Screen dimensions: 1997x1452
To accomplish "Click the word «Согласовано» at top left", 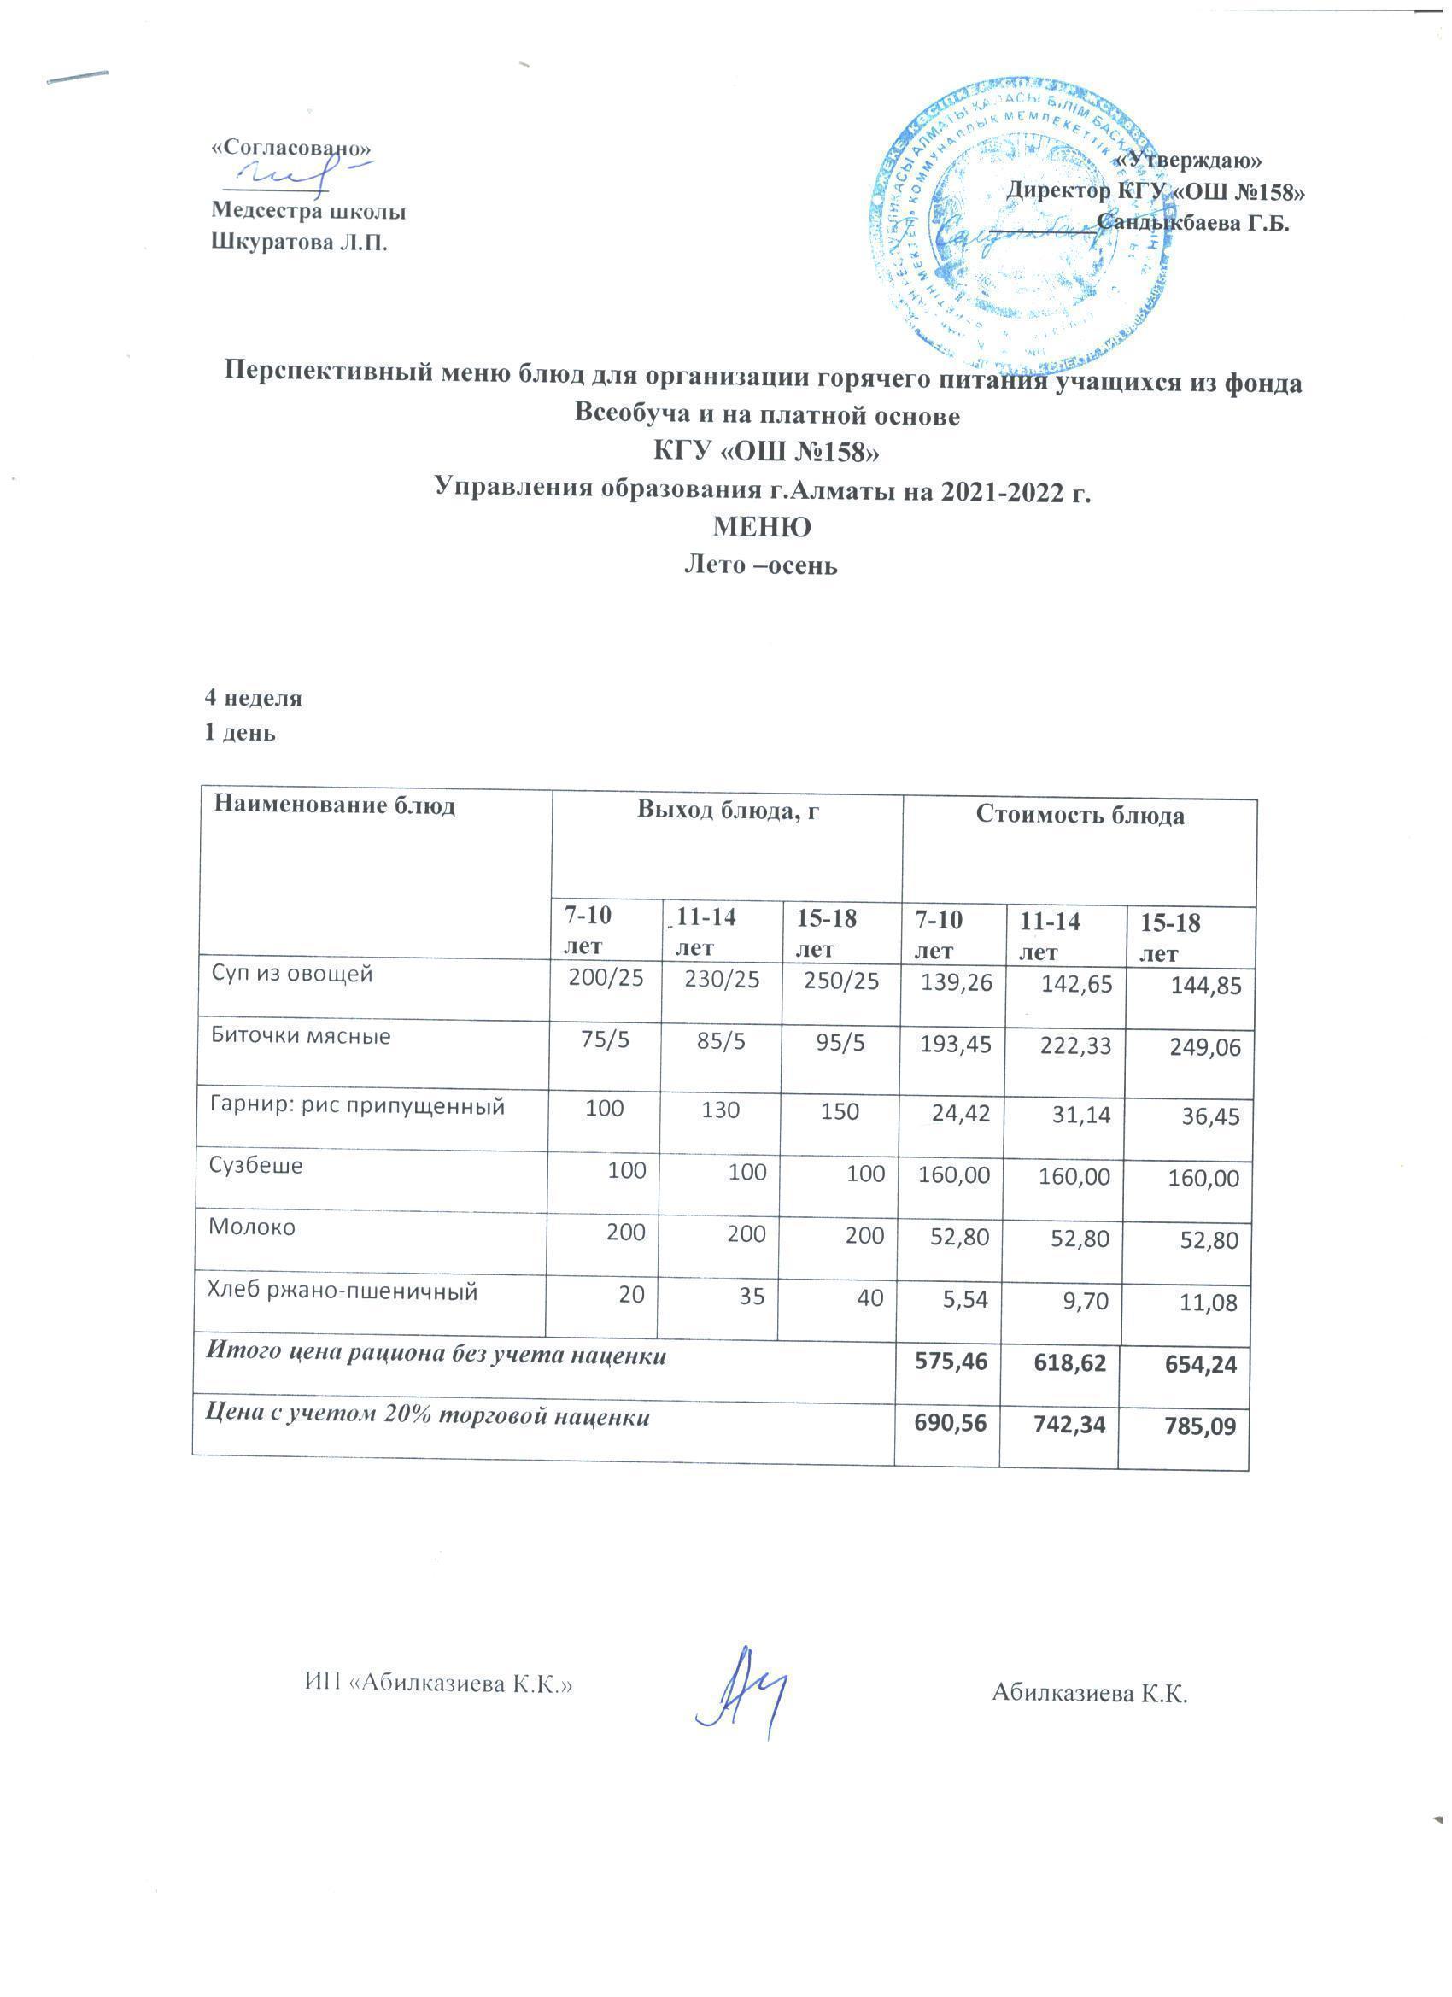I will [290, 148].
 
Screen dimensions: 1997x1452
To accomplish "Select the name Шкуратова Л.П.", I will [300, 242].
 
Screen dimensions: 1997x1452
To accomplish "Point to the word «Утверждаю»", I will [1188, 161].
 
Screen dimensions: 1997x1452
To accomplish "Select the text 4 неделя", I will [254, 698].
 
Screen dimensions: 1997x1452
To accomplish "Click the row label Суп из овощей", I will [291, 974].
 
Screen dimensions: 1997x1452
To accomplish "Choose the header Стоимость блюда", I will [1080, 816].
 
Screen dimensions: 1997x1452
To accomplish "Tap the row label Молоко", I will [252, 1227].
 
